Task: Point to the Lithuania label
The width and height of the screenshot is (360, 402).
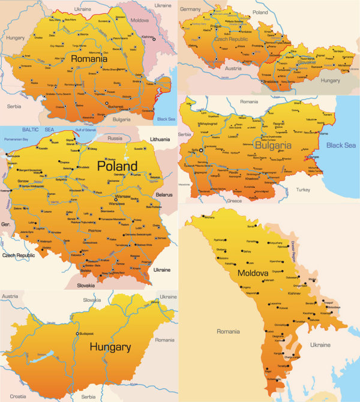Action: (x=161, y=139)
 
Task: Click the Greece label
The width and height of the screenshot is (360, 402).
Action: (x=251, y=201)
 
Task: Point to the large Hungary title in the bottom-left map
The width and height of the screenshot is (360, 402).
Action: (x=110, y=347)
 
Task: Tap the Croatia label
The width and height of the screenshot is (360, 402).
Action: (x=18, y=396)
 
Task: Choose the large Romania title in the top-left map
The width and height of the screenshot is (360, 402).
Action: (x=89, y=59)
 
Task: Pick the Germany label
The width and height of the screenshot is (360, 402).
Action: (x=190, y=10)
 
